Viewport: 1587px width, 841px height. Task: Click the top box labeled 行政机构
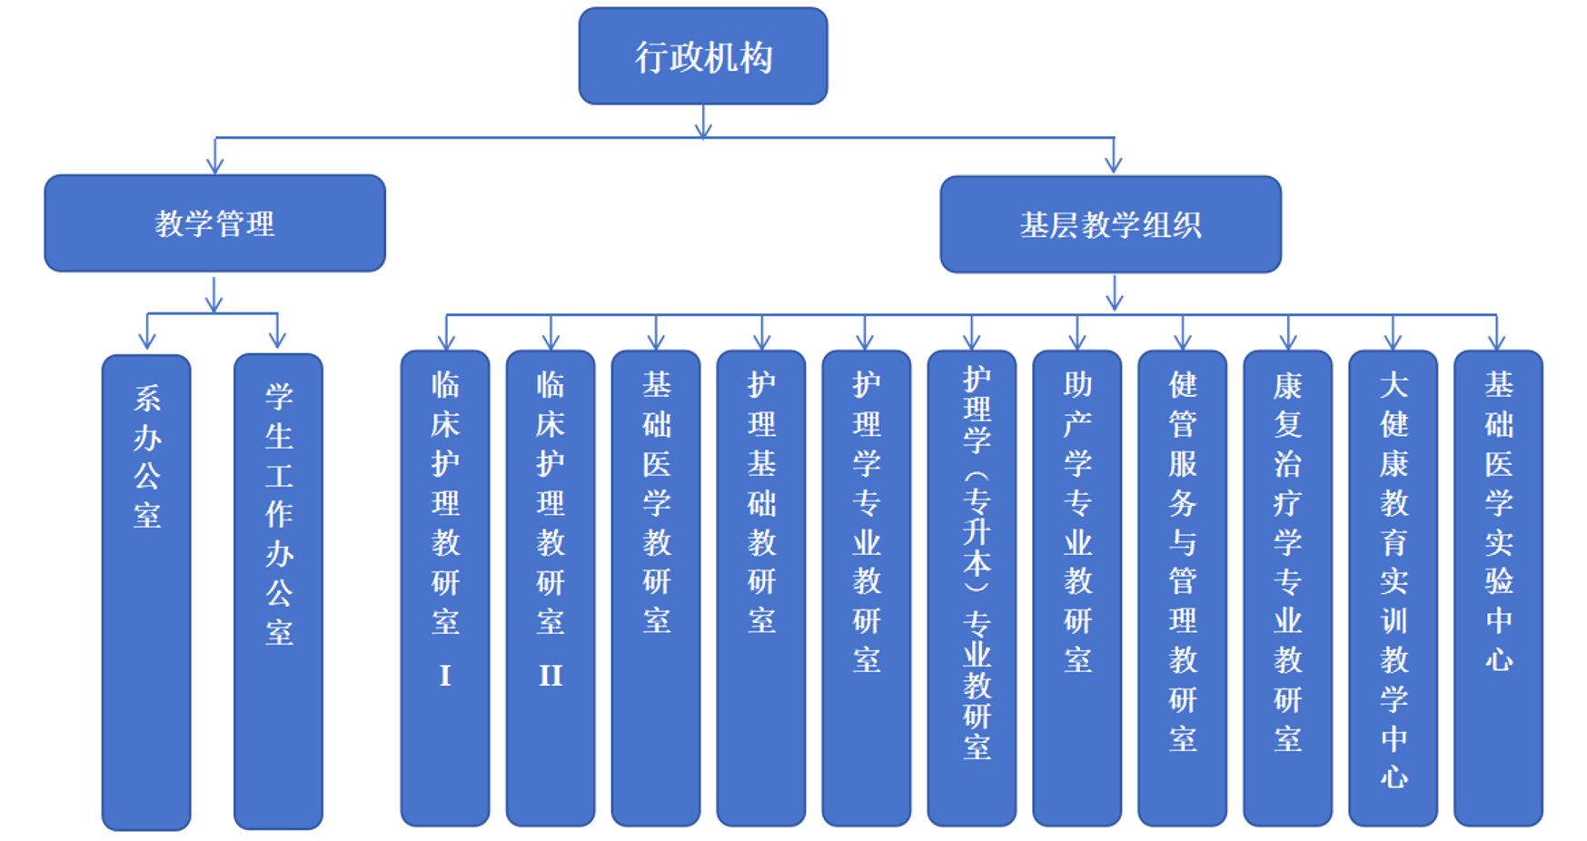702,56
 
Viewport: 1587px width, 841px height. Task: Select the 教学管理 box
214,223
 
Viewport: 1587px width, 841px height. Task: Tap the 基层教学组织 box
1110,224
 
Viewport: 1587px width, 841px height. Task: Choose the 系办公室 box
146,590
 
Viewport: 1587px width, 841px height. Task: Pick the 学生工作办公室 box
278,590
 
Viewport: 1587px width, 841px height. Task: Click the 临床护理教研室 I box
445,589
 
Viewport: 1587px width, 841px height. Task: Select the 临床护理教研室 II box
550,589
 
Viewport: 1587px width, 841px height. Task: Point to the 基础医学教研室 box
656,589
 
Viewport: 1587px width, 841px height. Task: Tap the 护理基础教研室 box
761,589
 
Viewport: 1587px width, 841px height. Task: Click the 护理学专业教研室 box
867,589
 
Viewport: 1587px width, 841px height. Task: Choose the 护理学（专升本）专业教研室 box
972,589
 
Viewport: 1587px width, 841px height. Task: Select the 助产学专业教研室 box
1077,589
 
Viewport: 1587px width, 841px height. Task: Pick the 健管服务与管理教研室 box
1183,589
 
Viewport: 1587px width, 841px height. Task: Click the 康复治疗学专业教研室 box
1288,589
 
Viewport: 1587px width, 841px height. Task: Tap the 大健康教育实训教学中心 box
1394,589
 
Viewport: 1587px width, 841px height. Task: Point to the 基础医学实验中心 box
1499,589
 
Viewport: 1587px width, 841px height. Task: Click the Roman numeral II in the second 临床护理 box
550,676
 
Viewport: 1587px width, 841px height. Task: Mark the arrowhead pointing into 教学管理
215,166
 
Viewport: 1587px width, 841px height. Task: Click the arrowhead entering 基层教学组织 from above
1114,166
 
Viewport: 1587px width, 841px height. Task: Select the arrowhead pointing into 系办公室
147,341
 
